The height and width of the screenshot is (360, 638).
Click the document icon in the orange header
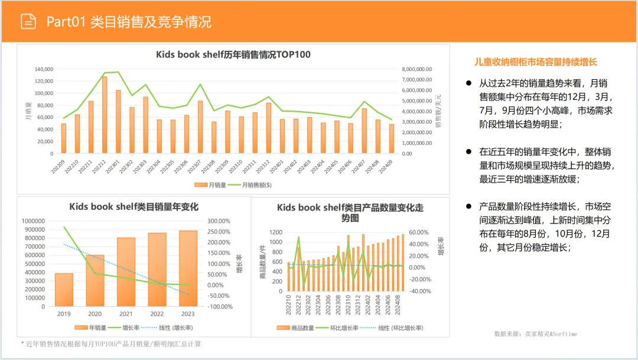point(28,21)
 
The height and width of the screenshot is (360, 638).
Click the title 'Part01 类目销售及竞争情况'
point(129,22)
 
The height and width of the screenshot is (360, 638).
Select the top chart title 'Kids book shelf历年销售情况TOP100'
point(233,55)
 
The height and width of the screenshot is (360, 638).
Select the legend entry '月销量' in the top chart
point(211,186)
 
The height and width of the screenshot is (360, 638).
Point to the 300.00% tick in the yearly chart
point(218,221)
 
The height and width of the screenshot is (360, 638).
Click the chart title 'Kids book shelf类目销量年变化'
point(134,207)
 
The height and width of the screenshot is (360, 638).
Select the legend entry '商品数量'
point(295,327)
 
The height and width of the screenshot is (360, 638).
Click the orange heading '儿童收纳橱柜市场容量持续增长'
point(536,62)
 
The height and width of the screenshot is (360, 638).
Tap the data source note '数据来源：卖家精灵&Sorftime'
point(536,334)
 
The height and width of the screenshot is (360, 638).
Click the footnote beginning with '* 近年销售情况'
point(110,344)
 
